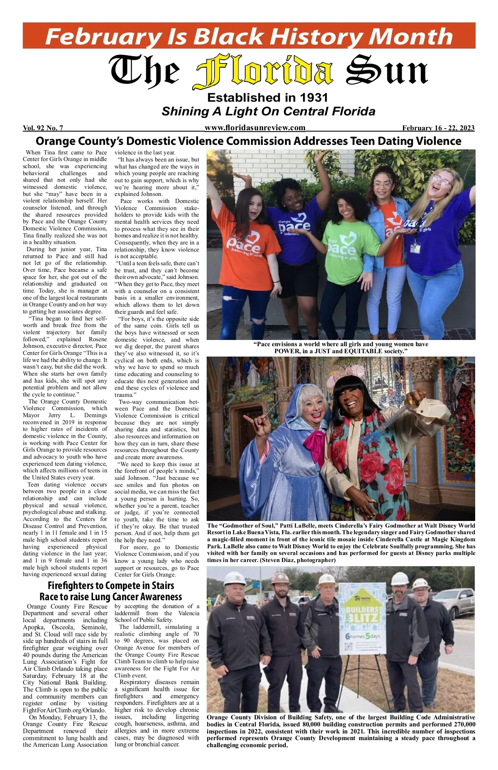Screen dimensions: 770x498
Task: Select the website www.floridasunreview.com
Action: [x=255, y=128]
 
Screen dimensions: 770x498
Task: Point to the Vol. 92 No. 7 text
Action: [x=43, y=128]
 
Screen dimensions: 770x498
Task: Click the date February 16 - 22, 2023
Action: [x=438, y=128]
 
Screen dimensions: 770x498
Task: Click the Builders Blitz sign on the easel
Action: [x=362, y=617]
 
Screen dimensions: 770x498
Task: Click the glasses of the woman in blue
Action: [x=442, y=180]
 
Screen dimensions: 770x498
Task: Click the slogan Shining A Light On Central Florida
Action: [x=269, y=112]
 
